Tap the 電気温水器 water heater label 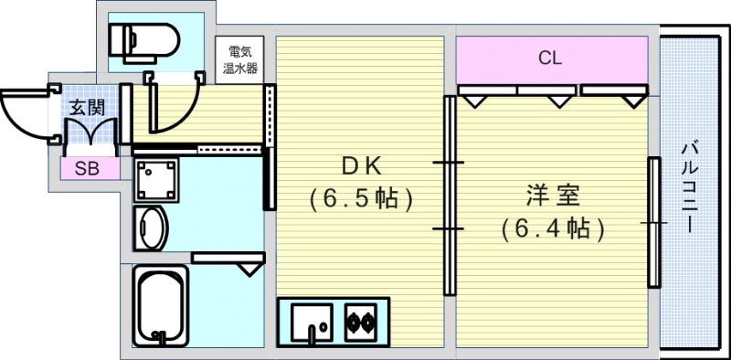point(241,57)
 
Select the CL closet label point(549,59)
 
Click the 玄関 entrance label point(87,107)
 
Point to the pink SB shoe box point(89,168)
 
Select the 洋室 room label point(552,196)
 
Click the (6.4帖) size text point(553,228)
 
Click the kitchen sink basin point(315,323)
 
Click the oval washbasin point(151,228)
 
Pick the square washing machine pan point(156,179)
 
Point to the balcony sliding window point(654,222)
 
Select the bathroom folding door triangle point(247,266)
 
